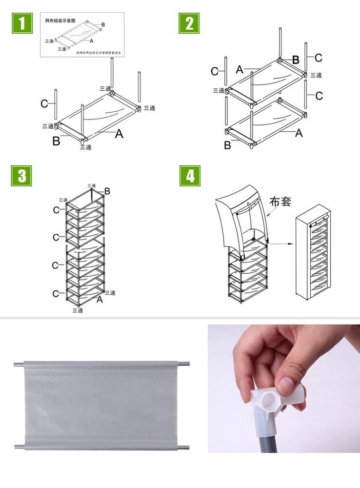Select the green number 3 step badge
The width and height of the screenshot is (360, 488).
[21, 176]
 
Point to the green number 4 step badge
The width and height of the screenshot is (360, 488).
[190, 176]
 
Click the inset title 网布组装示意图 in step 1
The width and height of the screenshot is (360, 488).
[60, 21]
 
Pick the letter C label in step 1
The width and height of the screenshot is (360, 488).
[44, 103]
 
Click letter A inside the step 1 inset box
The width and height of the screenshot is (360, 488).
[92, 41]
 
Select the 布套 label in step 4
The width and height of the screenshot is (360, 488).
[280, 201]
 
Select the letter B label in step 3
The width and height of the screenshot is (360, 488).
[107, 191]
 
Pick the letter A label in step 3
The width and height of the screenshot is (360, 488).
[100, 299]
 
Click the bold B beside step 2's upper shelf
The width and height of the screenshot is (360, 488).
[296, 60]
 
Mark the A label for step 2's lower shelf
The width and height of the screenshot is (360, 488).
[299, 132]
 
